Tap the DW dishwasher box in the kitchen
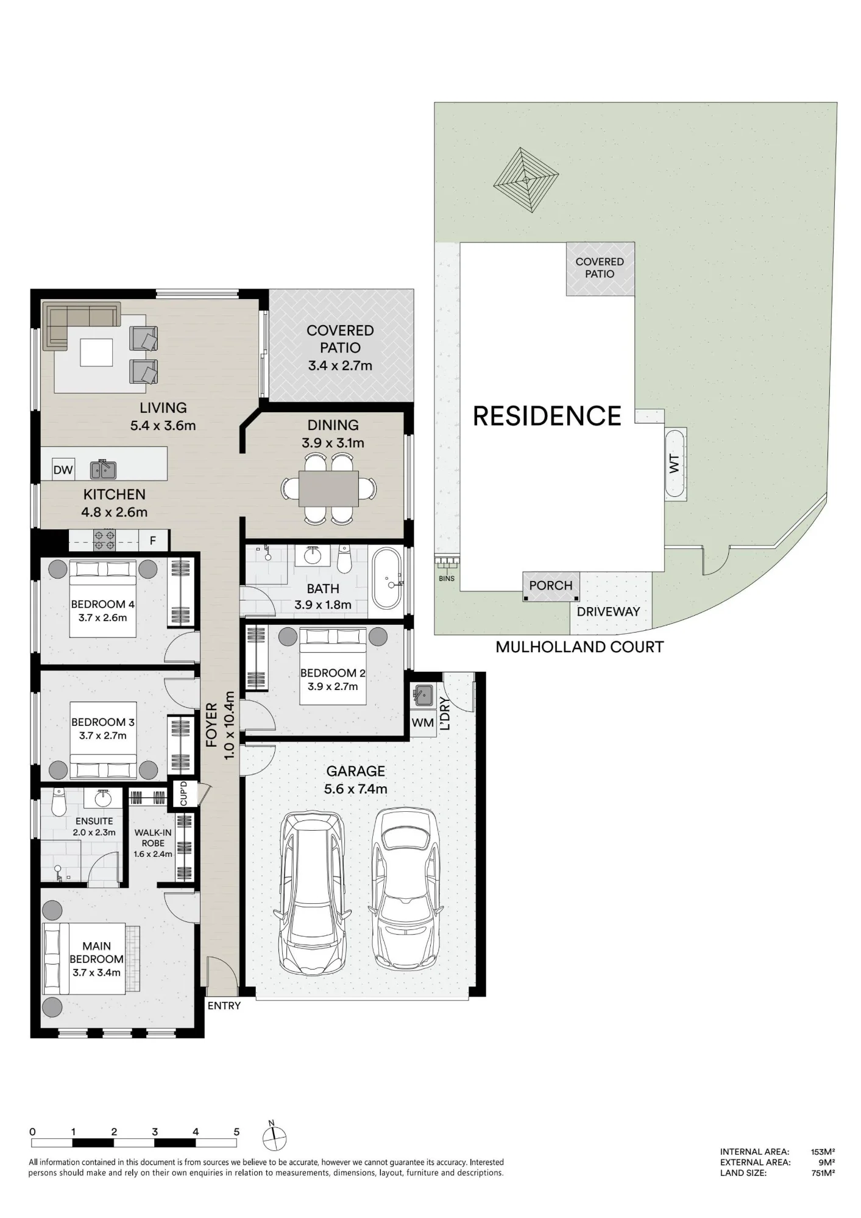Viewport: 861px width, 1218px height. coord(63,470)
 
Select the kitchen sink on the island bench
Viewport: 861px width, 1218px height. coord(103,469)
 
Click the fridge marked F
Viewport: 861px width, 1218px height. coord(153,540)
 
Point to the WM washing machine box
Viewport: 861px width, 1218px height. coord(423,723)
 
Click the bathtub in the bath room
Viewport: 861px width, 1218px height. coord(387,579)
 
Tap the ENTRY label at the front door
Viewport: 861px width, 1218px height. coord(224,1005)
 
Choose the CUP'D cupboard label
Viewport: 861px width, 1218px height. coord(184,794)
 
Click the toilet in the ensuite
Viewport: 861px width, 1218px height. coord(58,803)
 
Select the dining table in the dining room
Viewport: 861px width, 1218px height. coord(328,488)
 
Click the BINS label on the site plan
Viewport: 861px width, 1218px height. coord(447,579)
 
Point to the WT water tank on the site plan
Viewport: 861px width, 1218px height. coord(675,464)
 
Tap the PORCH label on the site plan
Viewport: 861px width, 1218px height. coord(551,585)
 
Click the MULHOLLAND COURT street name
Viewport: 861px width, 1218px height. coord(579,647)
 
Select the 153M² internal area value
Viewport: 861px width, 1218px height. coord(823,1152)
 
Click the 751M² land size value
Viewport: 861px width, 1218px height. coord(823,1172)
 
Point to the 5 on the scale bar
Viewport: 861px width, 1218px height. coord(236,1132)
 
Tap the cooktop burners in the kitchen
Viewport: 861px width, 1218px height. coord(104,540)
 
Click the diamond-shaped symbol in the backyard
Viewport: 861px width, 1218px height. coord(526,179)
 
